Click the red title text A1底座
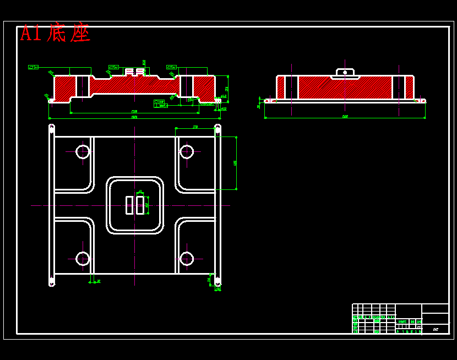point(55,34)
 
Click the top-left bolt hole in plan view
point(83,151)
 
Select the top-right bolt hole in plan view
point(187,151)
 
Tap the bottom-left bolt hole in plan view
point(83,258)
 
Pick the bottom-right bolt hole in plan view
point(187,258)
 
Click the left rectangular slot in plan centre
point(129,205)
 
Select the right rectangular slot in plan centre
point(140,205)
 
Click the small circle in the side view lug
point(345,72)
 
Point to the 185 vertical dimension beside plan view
point(235,163)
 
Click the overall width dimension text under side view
point(345,117)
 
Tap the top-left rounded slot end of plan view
point(52,129)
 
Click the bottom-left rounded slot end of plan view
point(52,282)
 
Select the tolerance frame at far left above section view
point(33,67)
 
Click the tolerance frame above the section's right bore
point(171,67)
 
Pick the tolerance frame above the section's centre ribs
point(113,67)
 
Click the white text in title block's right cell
point(436,329)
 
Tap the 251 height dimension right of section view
point(227,88)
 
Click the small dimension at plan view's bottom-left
point(98,281)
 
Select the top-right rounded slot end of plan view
point(217,129)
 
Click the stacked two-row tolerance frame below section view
point(160,103)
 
